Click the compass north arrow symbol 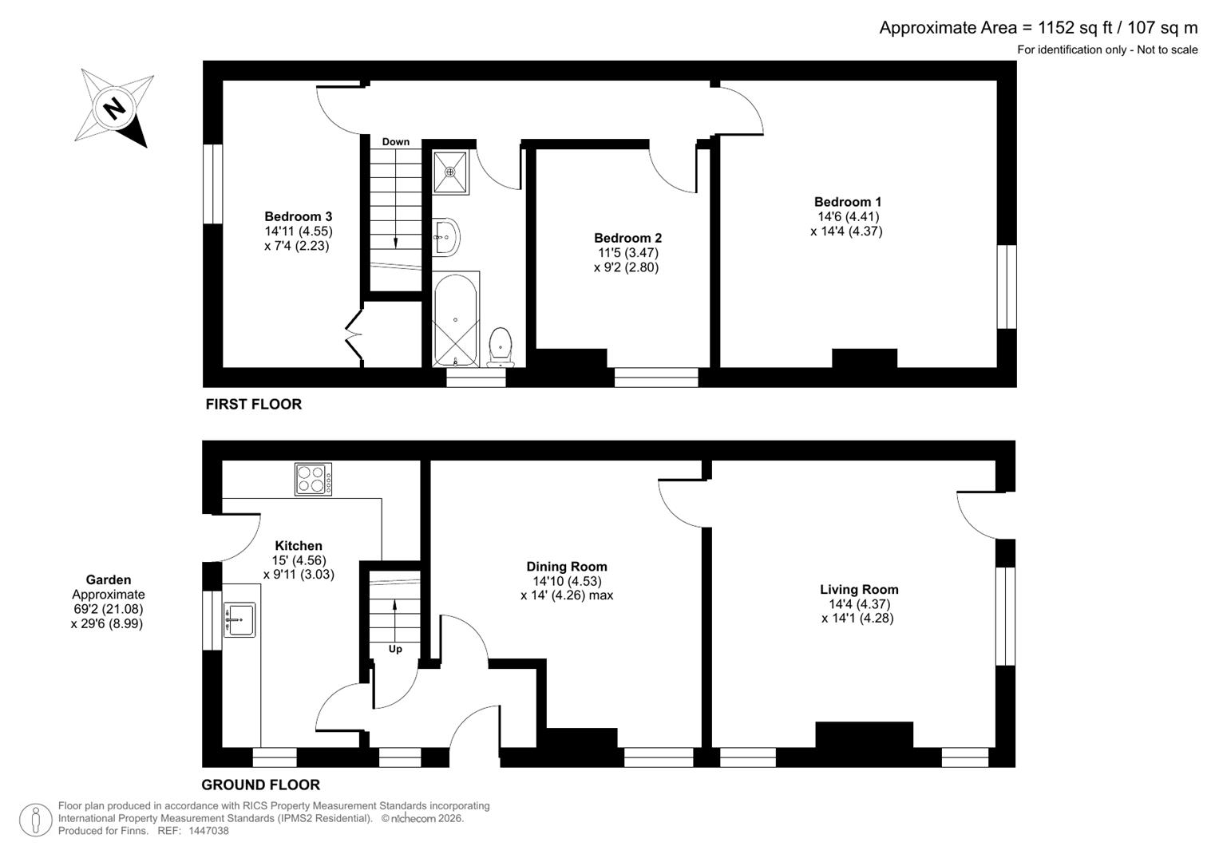(x=115, y=108)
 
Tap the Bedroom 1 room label (x=847, y=202)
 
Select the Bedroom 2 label (x=627, y=238)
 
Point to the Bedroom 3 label (x=298, y=216)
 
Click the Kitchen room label (x=299, y=546)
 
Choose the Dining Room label (x=567, y=567)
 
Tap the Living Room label (x=859, y=590)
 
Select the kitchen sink (x=239, y=619)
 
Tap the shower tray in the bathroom (x=451, y=171)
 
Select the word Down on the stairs (x=395, y=142)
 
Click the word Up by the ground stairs (x=395, y=649)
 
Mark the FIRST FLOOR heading (x=254, y=404)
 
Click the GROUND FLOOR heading (x=260, y=785)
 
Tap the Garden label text (x=109, y=580)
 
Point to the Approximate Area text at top (x=1038, y=28)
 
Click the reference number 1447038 (x=208, y=831)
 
